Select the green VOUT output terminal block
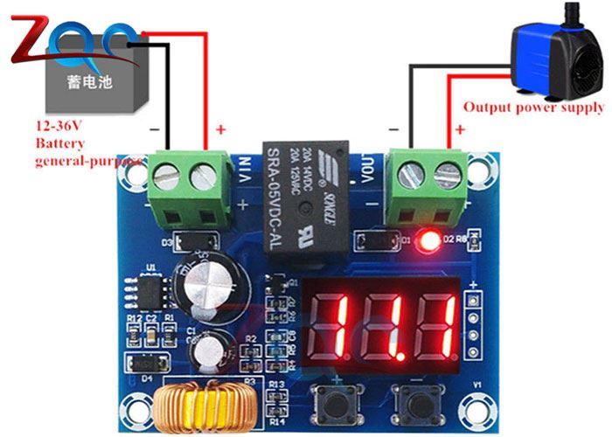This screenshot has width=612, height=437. pos(427,188)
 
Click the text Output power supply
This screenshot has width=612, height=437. pos(533,108)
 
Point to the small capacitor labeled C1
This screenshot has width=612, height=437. pos(207,350)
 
